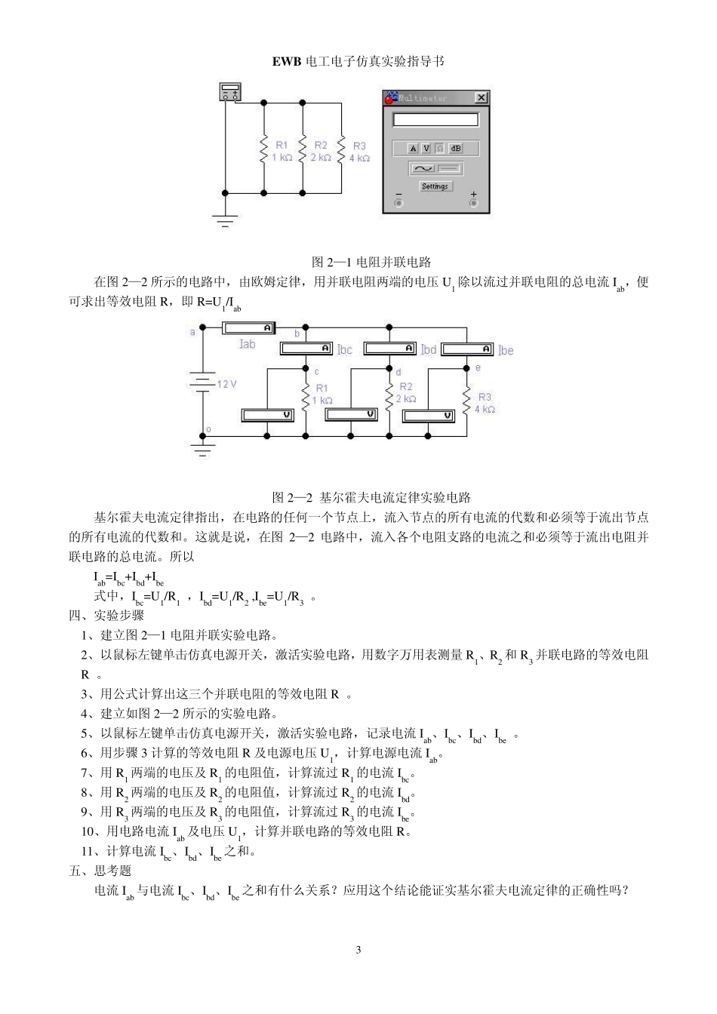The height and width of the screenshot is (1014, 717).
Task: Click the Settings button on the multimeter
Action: coord(435,186)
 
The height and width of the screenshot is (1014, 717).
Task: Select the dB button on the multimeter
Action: coord(456,148)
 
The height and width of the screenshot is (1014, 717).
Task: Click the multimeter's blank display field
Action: coord(435,120)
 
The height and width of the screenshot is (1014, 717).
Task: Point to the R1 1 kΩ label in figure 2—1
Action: coord(282,151)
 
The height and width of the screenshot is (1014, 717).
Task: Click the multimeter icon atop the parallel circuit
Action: coord(229,92)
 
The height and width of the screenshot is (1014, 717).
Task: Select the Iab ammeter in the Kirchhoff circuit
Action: coord(248,328)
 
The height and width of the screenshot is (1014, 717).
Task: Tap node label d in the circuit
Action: coord(399,372)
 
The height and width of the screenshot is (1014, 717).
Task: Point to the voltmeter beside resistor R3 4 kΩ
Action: coord(428,416)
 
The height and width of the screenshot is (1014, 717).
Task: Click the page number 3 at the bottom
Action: coord(358,950)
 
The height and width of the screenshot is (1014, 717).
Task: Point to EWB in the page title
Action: coord(287,61)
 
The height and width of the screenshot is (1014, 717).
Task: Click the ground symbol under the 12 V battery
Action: coord(203,450)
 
